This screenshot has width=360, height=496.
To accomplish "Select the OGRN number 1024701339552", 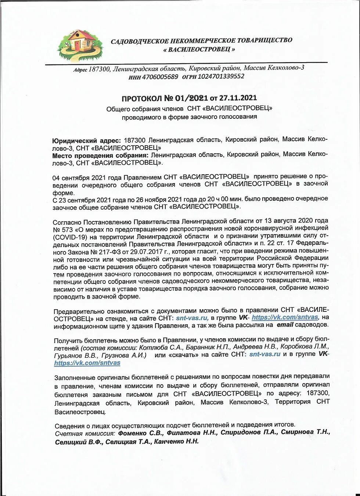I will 221,76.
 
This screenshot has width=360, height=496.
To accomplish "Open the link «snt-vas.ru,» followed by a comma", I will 192,317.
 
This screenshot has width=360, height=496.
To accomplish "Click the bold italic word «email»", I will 285,325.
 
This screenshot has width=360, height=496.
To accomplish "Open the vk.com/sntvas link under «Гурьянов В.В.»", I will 87,363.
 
